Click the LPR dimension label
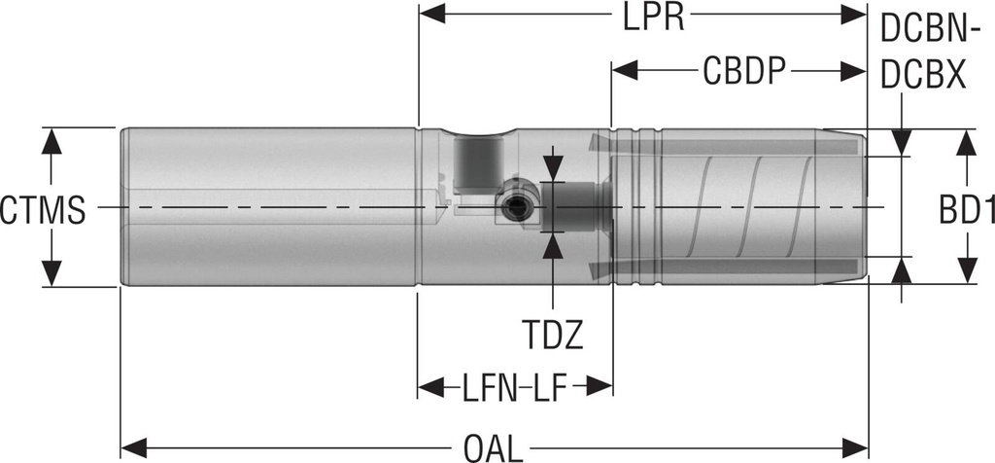(654, 18)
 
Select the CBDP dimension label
(744, 71)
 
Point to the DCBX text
(923, 75)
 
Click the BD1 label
(967, 209)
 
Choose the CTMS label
(43, 210)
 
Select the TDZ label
(552, 335)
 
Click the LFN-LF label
(514, 389)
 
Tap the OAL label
(493, 449)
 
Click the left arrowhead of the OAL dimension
(134, 447)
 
